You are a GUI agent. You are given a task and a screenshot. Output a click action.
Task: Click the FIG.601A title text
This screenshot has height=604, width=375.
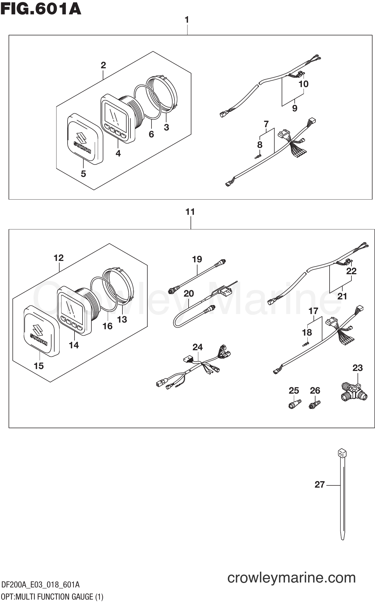pos(41,9)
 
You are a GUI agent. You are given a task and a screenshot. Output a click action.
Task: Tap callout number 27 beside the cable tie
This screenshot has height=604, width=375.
pos(319,484)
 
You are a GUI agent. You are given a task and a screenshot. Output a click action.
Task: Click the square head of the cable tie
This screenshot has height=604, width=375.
pos(342,453)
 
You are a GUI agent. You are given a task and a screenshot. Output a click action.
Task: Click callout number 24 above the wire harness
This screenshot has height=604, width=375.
pos(197,347)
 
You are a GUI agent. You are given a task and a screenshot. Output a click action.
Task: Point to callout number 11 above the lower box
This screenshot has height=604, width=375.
pos(190,212)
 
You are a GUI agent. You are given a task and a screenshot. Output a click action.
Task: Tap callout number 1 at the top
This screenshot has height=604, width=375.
pos(187,20)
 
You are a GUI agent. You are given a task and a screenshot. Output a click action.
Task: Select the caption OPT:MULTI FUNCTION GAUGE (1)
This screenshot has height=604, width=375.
pos(52,597)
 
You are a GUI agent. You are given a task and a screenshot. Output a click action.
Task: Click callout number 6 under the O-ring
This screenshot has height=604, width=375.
pos(151,134)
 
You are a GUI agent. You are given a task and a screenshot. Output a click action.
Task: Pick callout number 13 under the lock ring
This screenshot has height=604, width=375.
pos(122,319)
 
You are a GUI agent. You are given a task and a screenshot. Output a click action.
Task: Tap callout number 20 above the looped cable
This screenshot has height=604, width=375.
pos(189,293)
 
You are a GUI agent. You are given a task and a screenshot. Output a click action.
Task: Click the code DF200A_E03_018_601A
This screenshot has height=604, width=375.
pos(40,584)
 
